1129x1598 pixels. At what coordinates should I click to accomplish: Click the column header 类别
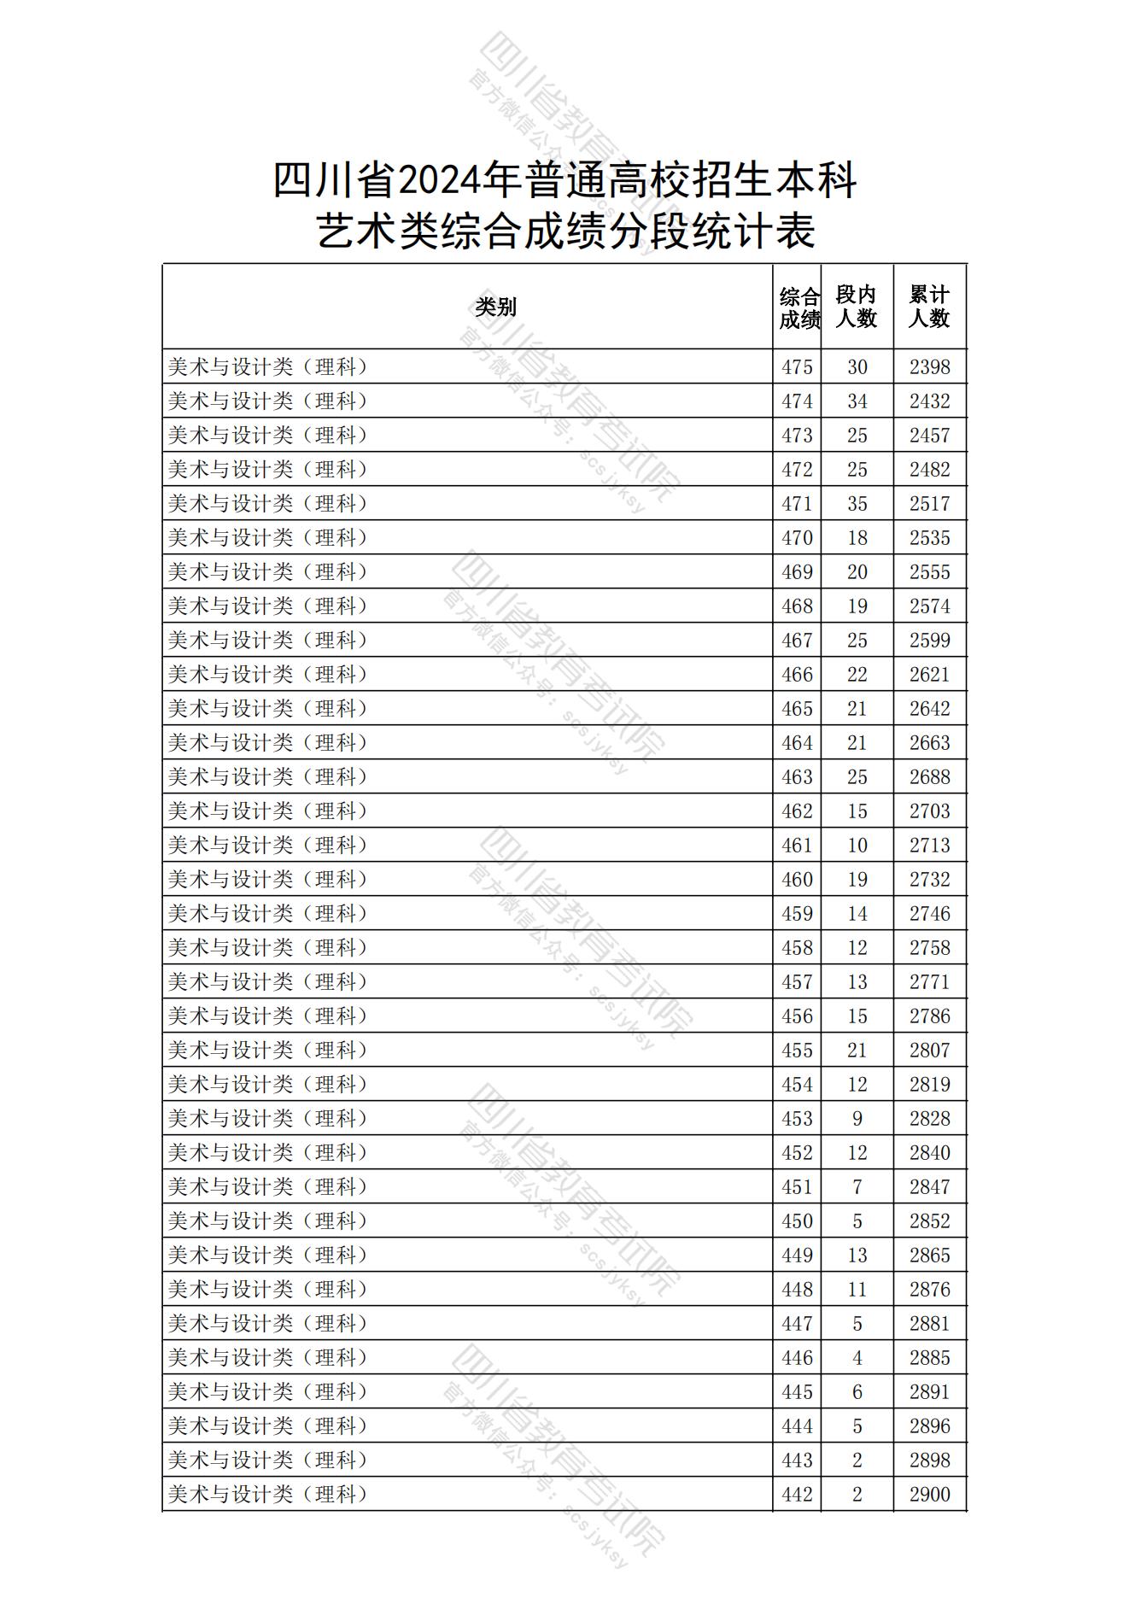(x=495, y=307)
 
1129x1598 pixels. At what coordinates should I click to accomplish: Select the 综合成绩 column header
(x=798, y=307)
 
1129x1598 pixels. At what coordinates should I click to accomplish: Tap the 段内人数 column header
(x=857, y=307)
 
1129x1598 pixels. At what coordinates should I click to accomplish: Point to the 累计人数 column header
(x=929, y=307)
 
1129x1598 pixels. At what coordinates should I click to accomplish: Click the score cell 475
(x=797, y=367)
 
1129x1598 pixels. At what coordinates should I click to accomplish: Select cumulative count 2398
(x=929, y=367)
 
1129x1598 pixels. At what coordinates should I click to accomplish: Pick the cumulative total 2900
(x=929, y=1494)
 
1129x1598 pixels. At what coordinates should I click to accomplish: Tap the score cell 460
(x=797, y=879)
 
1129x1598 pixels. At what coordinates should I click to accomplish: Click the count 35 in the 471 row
(x=857, y=504)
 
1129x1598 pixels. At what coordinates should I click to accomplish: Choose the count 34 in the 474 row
(x=857, y=401)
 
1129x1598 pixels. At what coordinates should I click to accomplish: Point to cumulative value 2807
(x=929, y=1050)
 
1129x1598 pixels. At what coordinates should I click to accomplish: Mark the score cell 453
(x=797, y=1118)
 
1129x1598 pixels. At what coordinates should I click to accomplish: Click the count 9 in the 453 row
(x=857, y=1118)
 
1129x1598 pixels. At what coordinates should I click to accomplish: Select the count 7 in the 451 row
(x=857, y=1186)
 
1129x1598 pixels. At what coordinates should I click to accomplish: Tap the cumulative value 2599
(x=929, y=641)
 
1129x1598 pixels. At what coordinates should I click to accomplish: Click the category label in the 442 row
(x=268, y=1494)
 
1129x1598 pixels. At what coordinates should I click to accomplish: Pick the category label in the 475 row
(x=268, y=367)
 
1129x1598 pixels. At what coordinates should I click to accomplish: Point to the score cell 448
(x=797, y=1289)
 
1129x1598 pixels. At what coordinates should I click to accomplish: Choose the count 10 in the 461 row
(x=857, y=845)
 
